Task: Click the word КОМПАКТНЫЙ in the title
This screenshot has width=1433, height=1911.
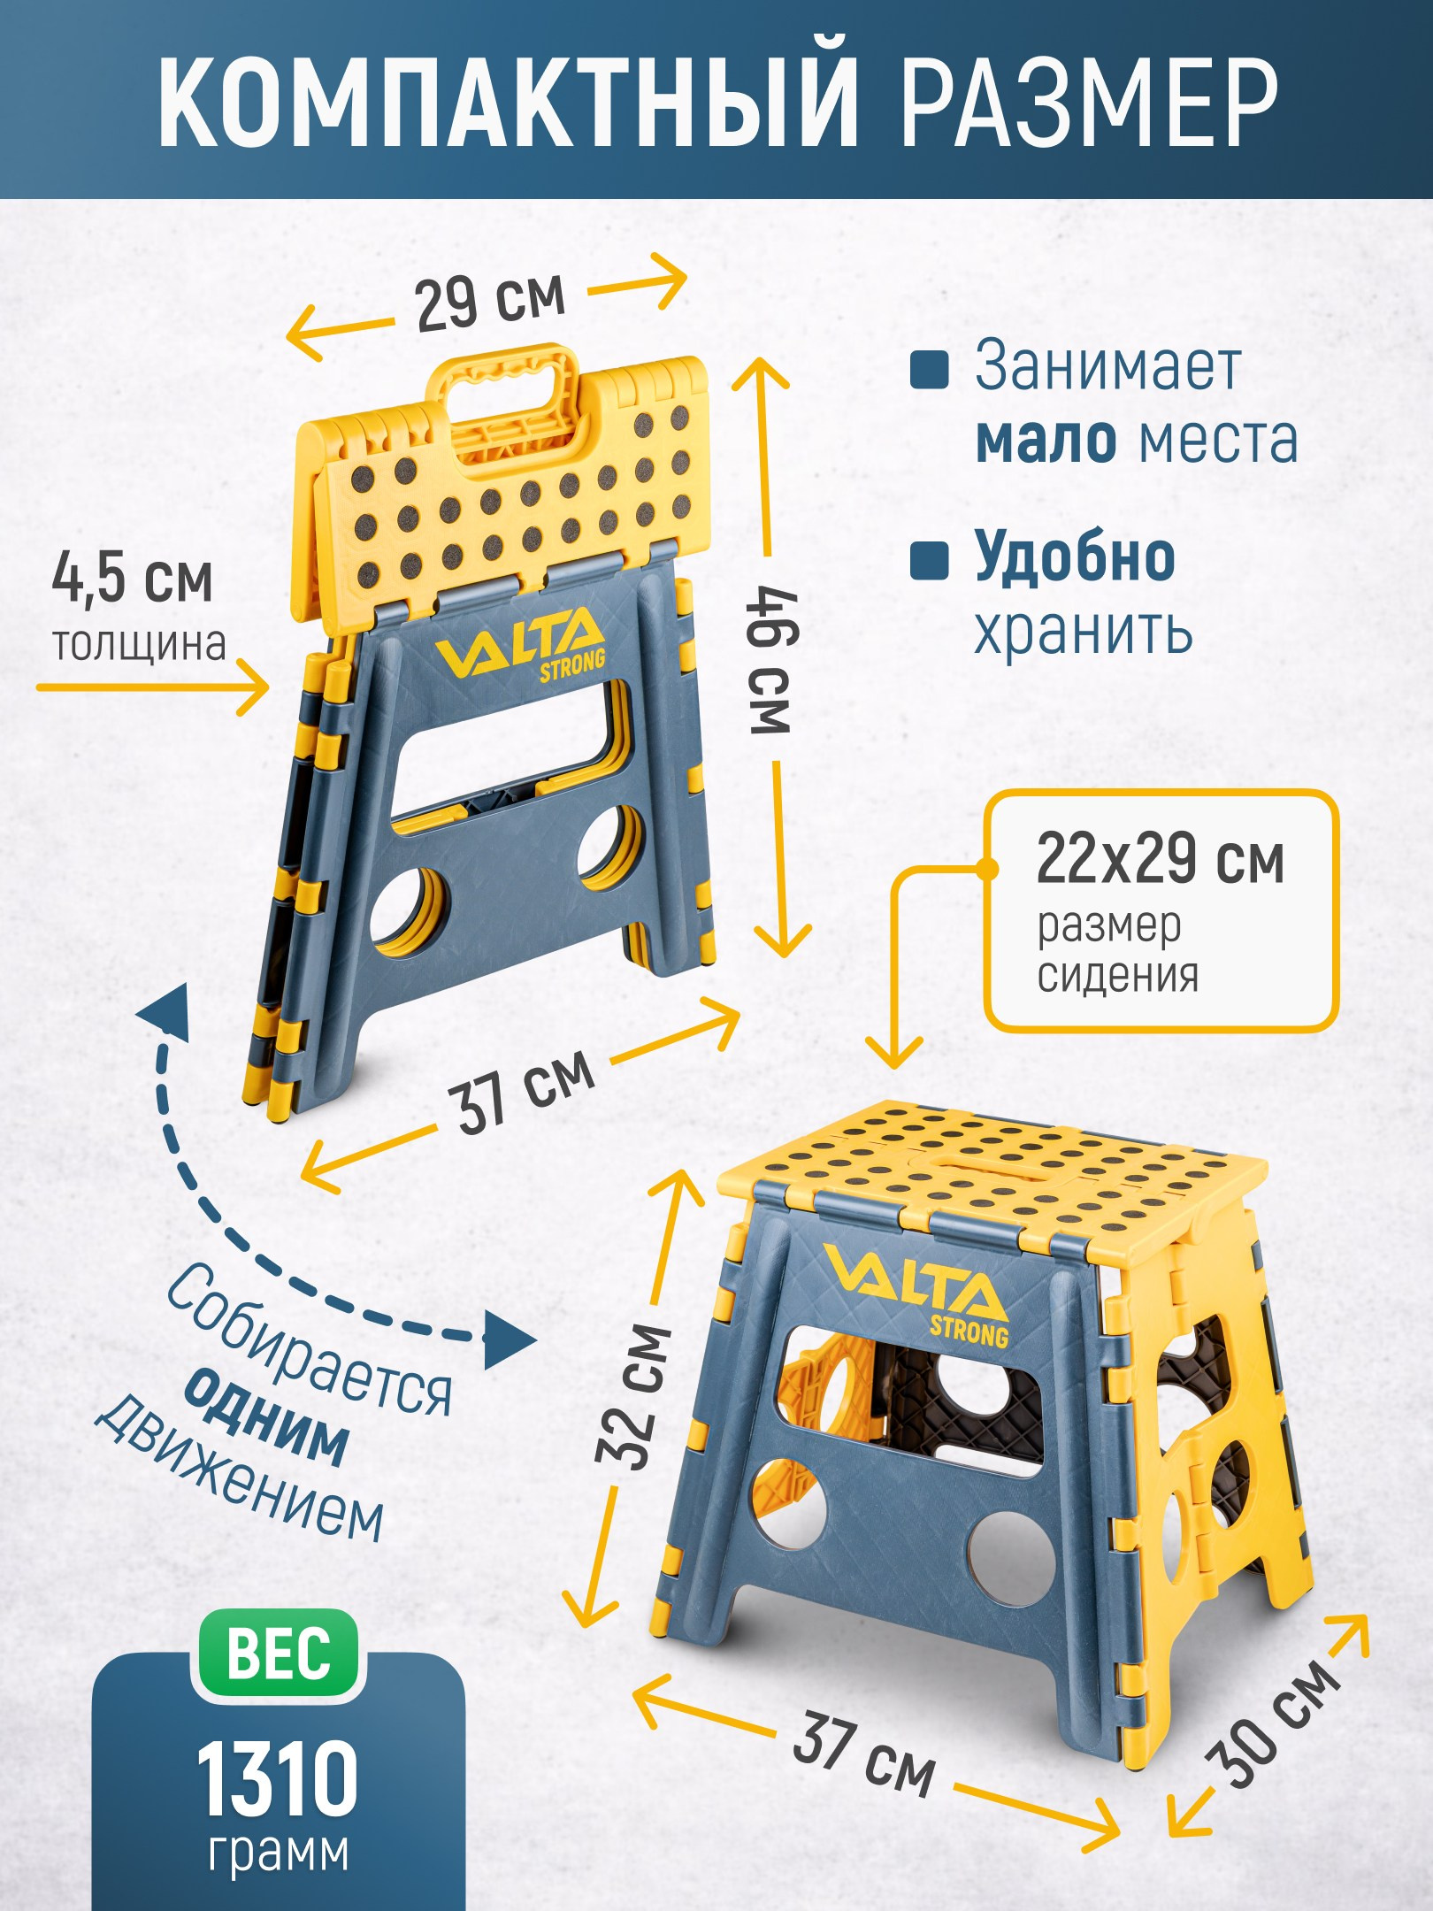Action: (x=509, y=93)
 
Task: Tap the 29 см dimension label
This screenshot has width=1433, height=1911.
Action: (x=490, y=303)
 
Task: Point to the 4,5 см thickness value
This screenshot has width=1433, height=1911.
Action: (x=133, y=579)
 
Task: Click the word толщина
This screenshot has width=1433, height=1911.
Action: (x=139, y=643)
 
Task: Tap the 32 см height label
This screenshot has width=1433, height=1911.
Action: (x=634, y=1397)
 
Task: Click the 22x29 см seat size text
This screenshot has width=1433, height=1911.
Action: (x=1160, y=859)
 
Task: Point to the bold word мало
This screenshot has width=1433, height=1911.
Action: (x=1046, y=439)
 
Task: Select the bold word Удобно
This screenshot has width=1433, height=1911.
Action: (x=1075, y=556)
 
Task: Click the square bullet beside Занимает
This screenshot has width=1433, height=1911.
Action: (x=930, y=370)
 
